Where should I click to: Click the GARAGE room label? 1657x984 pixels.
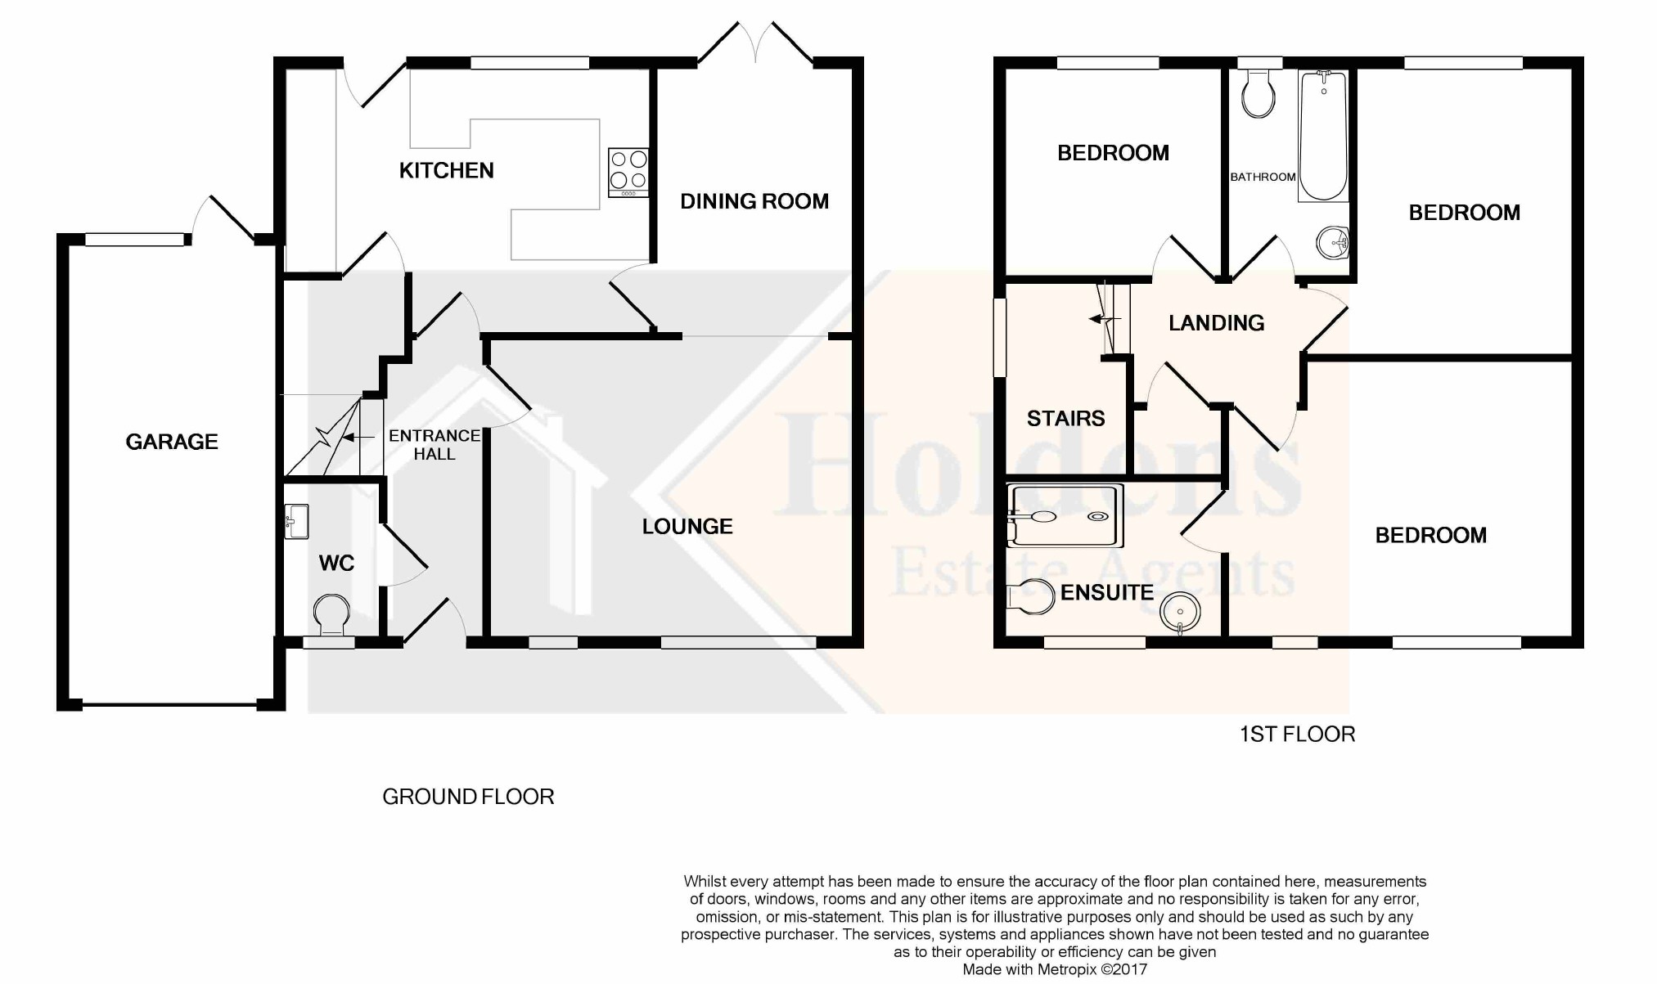click(x=172, y=442)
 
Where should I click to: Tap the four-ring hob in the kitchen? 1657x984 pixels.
click(x=628, y=173)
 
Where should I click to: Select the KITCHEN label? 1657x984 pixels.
click(x=446, y=170)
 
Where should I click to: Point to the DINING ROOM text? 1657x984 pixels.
click(x=754, y=201)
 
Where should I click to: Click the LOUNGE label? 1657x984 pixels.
click(x=687, y=527)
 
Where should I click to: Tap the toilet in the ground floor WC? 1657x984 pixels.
click(x=331, y=615)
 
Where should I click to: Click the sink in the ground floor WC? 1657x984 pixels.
click(x=296, y=521)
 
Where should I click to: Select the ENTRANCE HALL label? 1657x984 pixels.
click(x=435, y=445)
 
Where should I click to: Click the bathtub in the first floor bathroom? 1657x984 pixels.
click(x=1323, y=136)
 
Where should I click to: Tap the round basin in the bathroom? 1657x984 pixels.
click(x=1332, y=242)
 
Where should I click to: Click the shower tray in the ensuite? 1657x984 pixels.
click(x=1065, y=516)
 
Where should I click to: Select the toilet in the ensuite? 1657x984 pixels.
click(x=1031, y=597)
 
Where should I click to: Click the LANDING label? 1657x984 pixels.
click(x=1216, y=323)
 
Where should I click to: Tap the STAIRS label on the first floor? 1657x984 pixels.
click(x=1065, y=419)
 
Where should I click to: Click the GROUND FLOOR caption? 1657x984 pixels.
click(x=468, y=797)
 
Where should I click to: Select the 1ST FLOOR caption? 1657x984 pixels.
click(x=1297, y=735)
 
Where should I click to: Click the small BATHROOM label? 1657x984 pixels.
click(x=1263, y=177)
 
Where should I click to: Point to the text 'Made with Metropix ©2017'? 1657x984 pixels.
click(x=1055, y=969)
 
